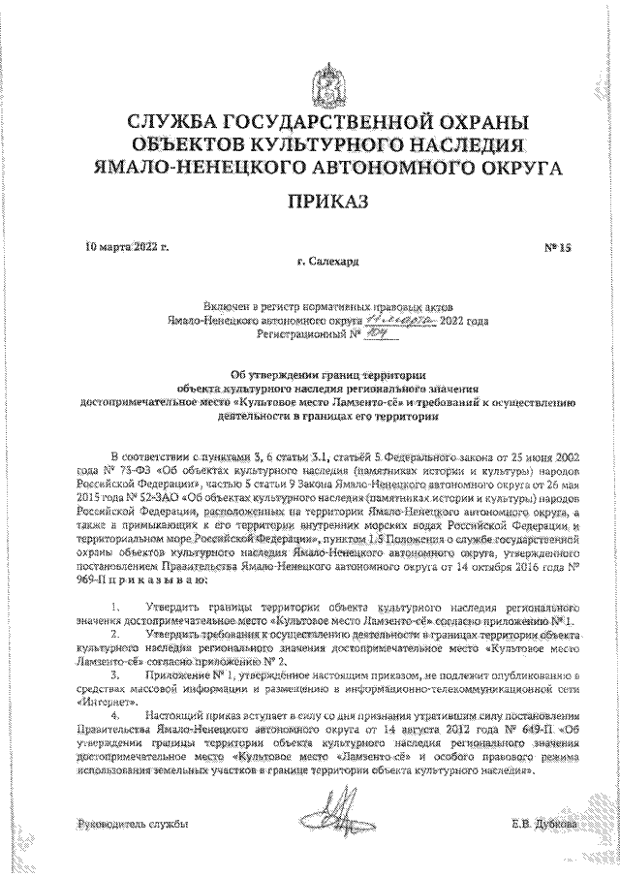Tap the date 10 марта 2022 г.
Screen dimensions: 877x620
pyautogui.click(x=127, y=248)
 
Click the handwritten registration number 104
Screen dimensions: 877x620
pyautogui.click(x=371, y=331)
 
